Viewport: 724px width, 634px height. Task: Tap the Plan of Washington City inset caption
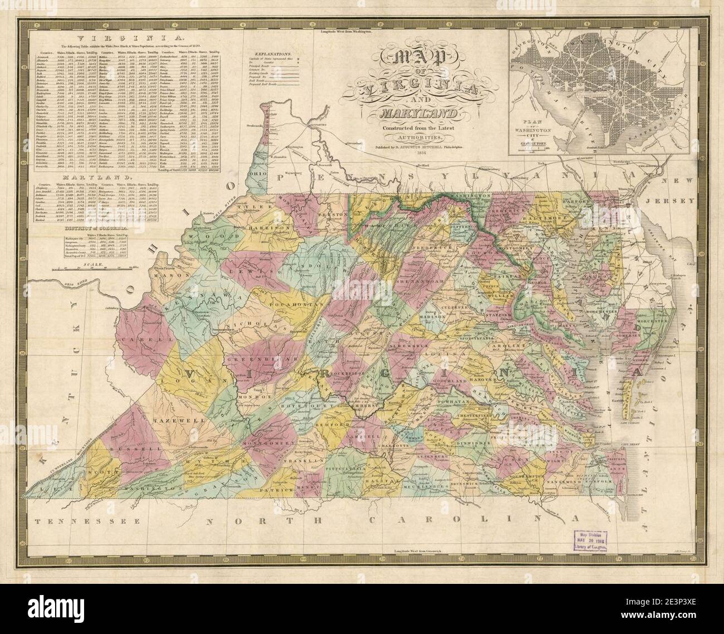532,130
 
